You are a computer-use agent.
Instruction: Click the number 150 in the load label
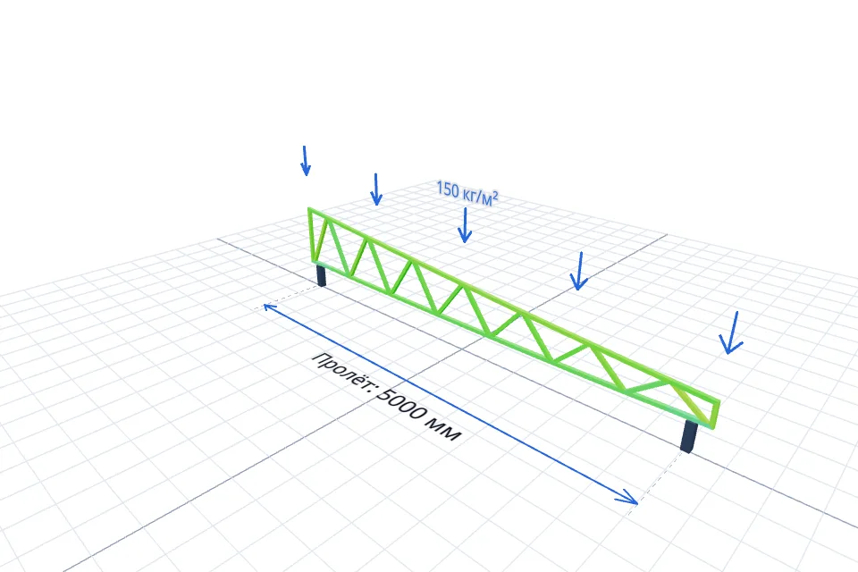click(448, 189)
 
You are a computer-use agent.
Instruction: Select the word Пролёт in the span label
click(341, 373)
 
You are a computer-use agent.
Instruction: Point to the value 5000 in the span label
click(401, 405)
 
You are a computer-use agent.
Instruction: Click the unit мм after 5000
click(445, 431)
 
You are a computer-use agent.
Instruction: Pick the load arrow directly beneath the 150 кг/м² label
click(465, 225)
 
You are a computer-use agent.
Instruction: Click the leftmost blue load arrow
click(306, 161)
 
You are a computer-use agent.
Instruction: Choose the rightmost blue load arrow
click(732, 332)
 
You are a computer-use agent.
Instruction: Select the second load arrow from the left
click(376, 189)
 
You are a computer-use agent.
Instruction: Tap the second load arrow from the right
click(579, 271)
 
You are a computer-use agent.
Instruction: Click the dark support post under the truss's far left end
click(321, 274)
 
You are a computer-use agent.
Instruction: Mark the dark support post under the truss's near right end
click(688, 436)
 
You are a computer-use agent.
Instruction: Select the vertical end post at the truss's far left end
click(311, 235)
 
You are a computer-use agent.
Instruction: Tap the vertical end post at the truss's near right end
click(716, 415)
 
